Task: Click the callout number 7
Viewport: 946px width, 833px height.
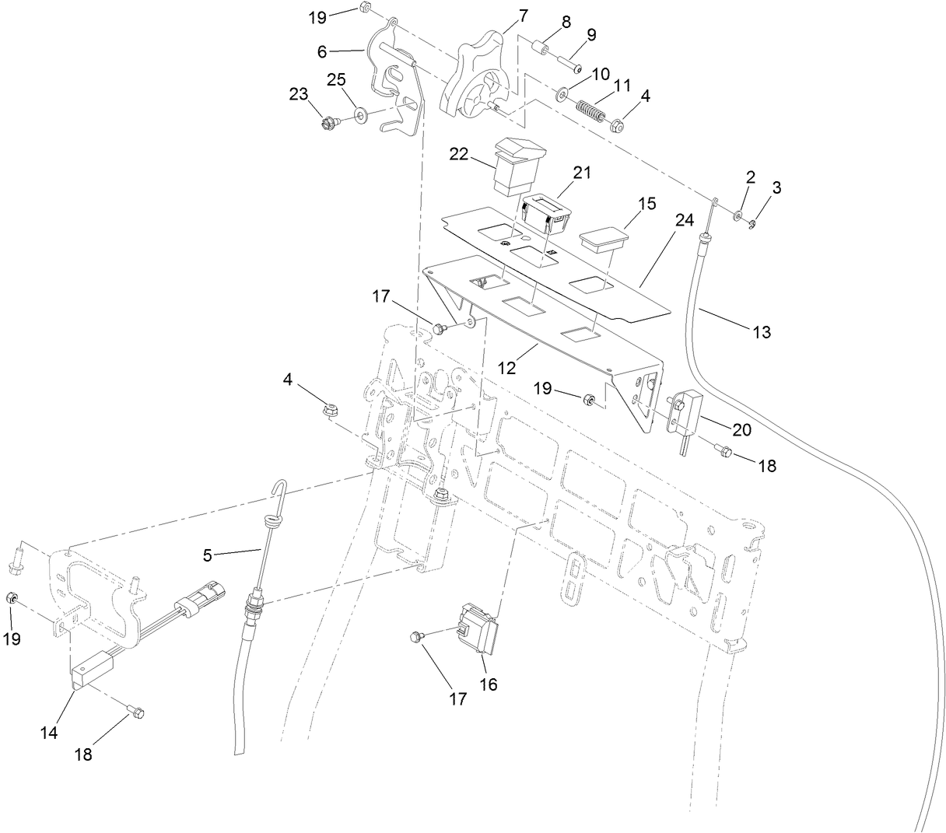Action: pos(523,14)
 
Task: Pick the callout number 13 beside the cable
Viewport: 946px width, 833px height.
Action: pos(762,332)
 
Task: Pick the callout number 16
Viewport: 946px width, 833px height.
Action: pos(489,685)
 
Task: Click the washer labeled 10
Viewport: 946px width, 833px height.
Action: pos(562,96)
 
